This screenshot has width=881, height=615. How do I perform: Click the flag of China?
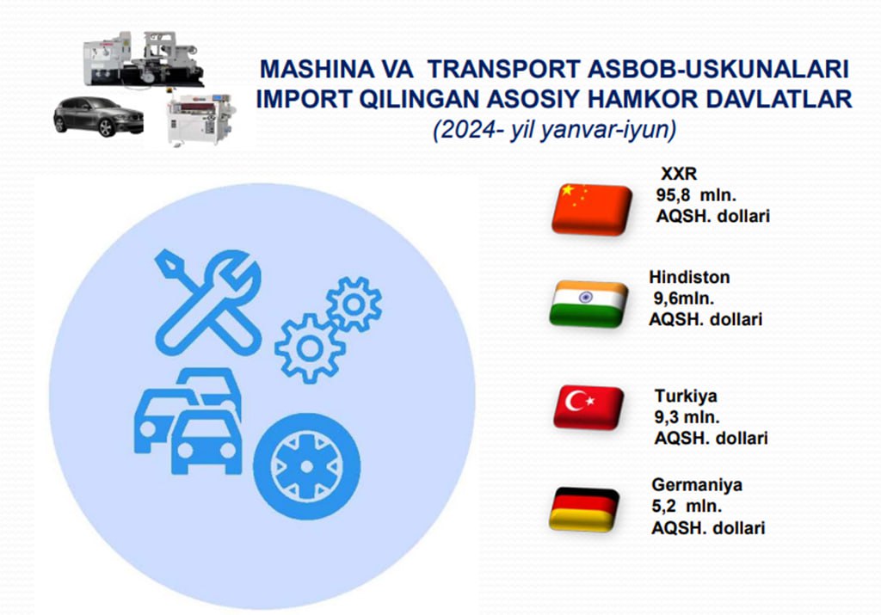(x=592, y=208)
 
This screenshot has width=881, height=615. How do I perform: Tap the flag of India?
(x=588, y=304)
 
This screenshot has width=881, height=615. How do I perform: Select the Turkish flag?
(x=588, y=407)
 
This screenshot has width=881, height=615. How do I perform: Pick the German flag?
(x=584, y=509)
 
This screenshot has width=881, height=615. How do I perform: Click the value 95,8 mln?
(x=695, y=195)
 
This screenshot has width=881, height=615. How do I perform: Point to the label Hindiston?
(x=689, y=277)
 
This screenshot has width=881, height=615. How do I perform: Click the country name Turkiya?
(x=686, y=396)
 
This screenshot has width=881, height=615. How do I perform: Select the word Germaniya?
(x=697, y=485)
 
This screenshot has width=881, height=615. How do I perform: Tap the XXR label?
(x=679, y=174)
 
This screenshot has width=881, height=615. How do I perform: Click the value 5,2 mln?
(x=686, y=506)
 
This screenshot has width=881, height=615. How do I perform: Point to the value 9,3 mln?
(x=687, y=417)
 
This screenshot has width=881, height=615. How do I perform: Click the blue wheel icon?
(x=307, y=466)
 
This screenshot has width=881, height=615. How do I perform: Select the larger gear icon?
(x=309, y=348)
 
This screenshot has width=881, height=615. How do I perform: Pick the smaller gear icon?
(x=354, y=304)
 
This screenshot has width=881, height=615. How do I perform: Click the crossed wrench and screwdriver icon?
(x=208, y=302)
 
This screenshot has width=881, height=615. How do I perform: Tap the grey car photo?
(x=98, y=117)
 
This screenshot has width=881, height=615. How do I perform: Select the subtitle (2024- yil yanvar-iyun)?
(x=554, y=130)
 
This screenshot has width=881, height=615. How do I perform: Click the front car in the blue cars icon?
(x=206, y=442)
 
